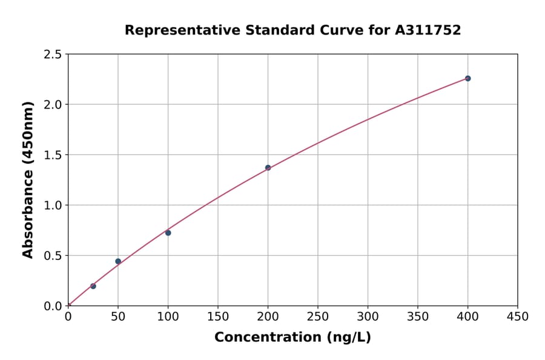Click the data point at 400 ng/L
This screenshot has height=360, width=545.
[467, 78]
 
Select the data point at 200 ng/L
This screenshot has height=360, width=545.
[268, 168]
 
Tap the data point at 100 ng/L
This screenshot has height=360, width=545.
[168, 233]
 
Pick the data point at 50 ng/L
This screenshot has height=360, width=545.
[118, 261]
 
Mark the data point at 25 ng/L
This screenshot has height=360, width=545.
[93, 286]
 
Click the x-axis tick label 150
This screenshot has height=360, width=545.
[218, 316]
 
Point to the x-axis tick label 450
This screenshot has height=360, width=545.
[518, 316]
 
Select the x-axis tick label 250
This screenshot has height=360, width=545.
[318, 316]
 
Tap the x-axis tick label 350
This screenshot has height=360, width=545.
[418, 316]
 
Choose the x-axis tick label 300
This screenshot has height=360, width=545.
[368, 316]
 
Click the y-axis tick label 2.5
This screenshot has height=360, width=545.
[53, 55]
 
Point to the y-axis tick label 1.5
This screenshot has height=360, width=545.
[53, 155]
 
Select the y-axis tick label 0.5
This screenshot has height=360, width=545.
[53, 256]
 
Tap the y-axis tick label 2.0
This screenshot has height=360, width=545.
[53, 105]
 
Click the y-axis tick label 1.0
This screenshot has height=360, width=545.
[53, 205]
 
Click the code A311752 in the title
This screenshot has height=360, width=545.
[429, 30]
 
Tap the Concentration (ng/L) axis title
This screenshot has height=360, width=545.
[292, 337]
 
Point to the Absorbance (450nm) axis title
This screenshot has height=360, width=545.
[28, 179]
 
